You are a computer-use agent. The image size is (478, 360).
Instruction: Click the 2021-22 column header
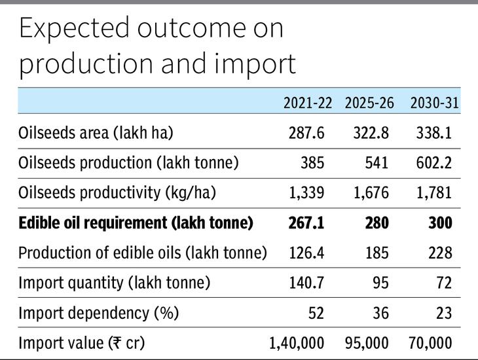[x=308, y=103]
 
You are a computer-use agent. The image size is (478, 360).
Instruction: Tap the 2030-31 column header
[x=434, y=103]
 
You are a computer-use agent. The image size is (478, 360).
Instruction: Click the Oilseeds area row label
[x=96, y=133]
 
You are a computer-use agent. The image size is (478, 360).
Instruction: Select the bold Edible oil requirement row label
[x=136, y=223]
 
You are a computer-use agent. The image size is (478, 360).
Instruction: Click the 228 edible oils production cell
[x=440, y=253]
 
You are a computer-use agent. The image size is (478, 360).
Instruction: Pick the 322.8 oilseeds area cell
[x=371, y=133]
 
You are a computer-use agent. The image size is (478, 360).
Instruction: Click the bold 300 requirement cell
[x=440, y=223]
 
